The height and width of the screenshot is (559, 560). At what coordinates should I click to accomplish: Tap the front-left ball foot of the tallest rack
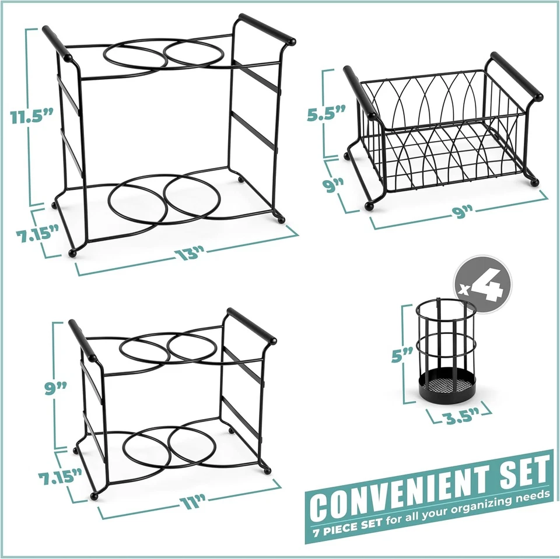(73, 254)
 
